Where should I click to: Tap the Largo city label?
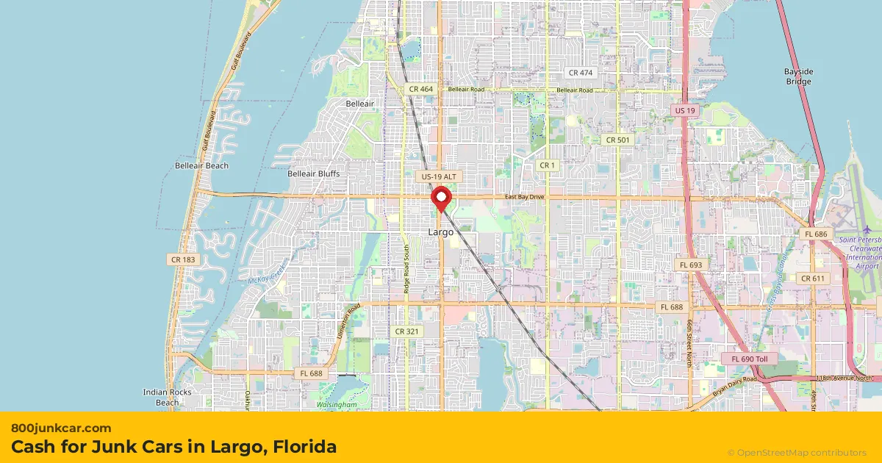(441, 232)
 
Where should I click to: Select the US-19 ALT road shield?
(440, 177)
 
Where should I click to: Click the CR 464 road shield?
(421, 89)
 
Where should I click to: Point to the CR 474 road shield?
(580, 73)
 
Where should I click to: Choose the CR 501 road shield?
(617, 140)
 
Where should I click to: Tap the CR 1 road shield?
(547, 165)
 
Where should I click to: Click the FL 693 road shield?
(691, 265)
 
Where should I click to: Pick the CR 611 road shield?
(813, 279)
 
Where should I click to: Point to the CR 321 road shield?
(406, 331)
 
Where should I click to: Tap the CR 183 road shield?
(182, 259)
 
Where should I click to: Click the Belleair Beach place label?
(201, 166)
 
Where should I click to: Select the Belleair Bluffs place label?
(314, 173)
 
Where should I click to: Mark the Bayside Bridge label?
(798, 76)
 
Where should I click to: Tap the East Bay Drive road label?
(524, 197)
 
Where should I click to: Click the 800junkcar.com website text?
(61, 428)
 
